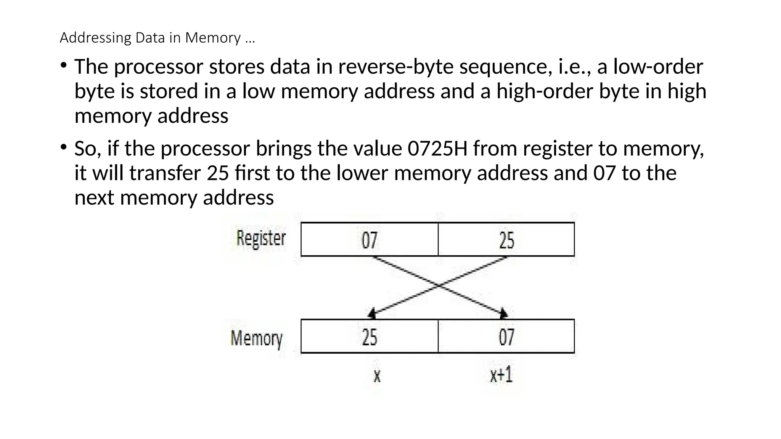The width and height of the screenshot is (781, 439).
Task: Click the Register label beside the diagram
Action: pos(261,239)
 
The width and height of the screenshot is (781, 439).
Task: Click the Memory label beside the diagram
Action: pos(256,338)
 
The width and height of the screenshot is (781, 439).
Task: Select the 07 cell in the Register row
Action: pos(369,240)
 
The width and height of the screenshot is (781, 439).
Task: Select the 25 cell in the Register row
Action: pos(506,240)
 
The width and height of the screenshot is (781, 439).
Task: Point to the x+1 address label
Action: pos(501,375)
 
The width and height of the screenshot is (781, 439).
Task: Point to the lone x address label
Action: pos(377,376)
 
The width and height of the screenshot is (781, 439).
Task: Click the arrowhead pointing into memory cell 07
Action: pos(503,314)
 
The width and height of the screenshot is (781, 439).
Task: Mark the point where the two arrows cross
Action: pos(439,285)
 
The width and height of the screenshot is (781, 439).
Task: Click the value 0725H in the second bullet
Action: pos(437,149)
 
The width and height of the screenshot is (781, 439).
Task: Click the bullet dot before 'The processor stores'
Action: pos(63,66)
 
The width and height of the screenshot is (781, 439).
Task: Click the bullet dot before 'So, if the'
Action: pos(63,147)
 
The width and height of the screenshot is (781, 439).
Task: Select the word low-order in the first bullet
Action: pos(658,67)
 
